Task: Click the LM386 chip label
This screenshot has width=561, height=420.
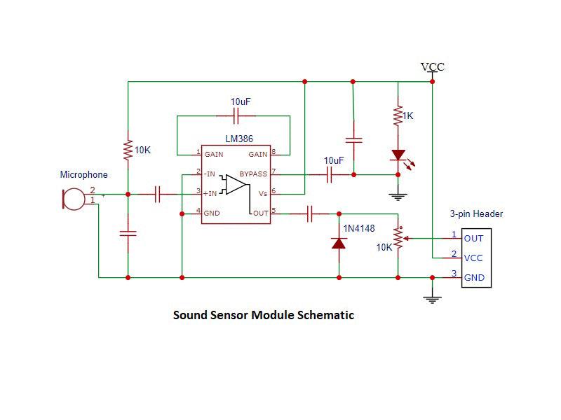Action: coord(239,139)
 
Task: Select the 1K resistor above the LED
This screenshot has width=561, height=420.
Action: coord(398,115)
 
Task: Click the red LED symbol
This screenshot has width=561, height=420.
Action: coord(398,155)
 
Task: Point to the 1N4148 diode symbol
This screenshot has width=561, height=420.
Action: coord(339,244)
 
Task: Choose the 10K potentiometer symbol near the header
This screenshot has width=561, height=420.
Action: coord(398,239)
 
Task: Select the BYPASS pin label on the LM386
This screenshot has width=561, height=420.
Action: coord(252,174)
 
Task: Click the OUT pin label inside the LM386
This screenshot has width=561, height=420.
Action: coord(260,213)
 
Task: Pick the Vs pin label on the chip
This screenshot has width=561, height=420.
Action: coord(262,193)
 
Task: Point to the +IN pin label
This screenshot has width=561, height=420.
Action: coord(209,193)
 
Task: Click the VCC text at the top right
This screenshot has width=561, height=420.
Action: coord(433,67)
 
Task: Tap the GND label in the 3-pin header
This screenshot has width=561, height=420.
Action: coord(474,277)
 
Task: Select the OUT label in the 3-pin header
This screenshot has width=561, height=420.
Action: coord(473,238)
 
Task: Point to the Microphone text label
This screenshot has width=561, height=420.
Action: coord(84,175)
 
